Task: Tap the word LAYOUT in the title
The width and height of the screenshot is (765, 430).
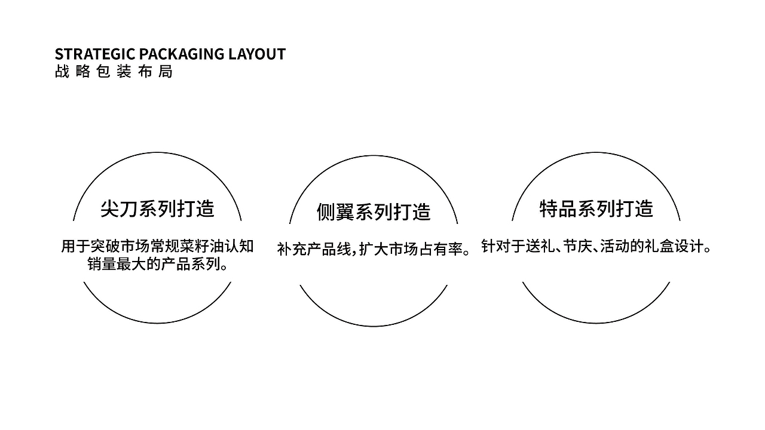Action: pos(258,54)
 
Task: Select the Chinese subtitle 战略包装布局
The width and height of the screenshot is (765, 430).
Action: pos(114,72)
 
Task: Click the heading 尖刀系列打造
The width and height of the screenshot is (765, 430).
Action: pos(157,209)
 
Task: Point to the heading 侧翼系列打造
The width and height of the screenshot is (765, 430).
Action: pos(374,212)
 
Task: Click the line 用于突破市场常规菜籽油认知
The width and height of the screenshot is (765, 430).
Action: pos(157,246)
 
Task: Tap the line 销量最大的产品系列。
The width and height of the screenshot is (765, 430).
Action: pos(157,264)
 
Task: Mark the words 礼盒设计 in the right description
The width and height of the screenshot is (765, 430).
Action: pos(678,246)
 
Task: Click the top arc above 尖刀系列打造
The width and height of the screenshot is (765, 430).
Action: pos(157,153)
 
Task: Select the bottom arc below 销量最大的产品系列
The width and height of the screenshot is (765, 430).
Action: pos(157,323)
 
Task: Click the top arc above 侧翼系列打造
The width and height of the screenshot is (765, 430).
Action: pos(374,157)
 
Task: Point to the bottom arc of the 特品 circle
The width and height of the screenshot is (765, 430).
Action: pos(596,323)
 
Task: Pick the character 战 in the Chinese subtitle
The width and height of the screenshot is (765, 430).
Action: pos(61,72)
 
